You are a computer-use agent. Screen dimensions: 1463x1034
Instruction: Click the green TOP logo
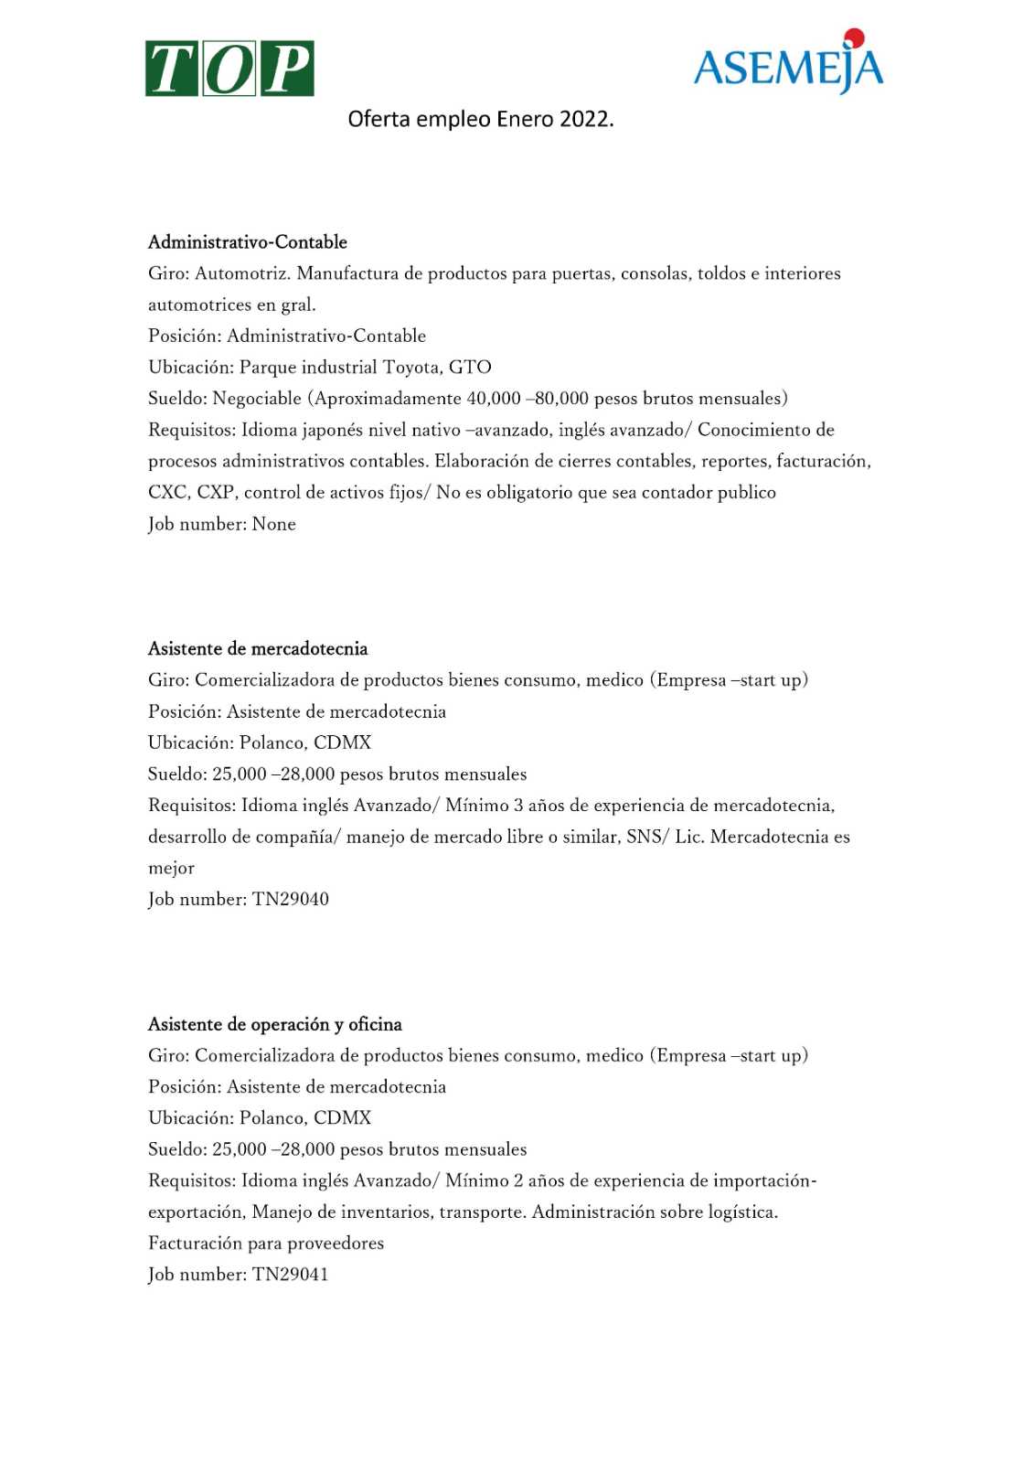tap(229, 69)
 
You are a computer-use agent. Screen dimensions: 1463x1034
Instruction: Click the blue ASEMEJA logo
tap(788, 66)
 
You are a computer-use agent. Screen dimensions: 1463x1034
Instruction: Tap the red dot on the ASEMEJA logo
tap(854, 37)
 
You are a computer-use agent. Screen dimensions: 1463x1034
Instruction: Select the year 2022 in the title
tap(585, 120)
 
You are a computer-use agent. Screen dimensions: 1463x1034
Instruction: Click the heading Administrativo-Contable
tap(248, 242)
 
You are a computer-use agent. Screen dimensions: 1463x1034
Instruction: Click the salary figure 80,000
tap(561, 399)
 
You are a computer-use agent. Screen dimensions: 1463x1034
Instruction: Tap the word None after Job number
tap(274, 524)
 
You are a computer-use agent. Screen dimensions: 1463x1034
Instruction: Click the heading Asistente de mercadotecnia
tap(258, 649)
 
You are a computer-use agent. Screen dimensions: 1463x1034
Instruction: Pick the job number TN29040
tap(291, 900)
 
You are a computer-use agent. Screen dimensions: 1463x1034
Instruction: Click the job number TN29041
tap(291, 1275)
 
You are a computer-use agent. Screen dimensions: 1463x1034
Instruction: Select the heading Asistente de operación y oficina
tap(275, 1024)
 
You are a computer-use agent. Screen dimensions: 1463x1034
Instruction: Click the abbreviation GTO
tap(470, 368)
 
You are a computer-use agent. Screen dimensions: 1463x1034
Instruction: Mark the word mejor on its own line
tap(171, 869)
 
